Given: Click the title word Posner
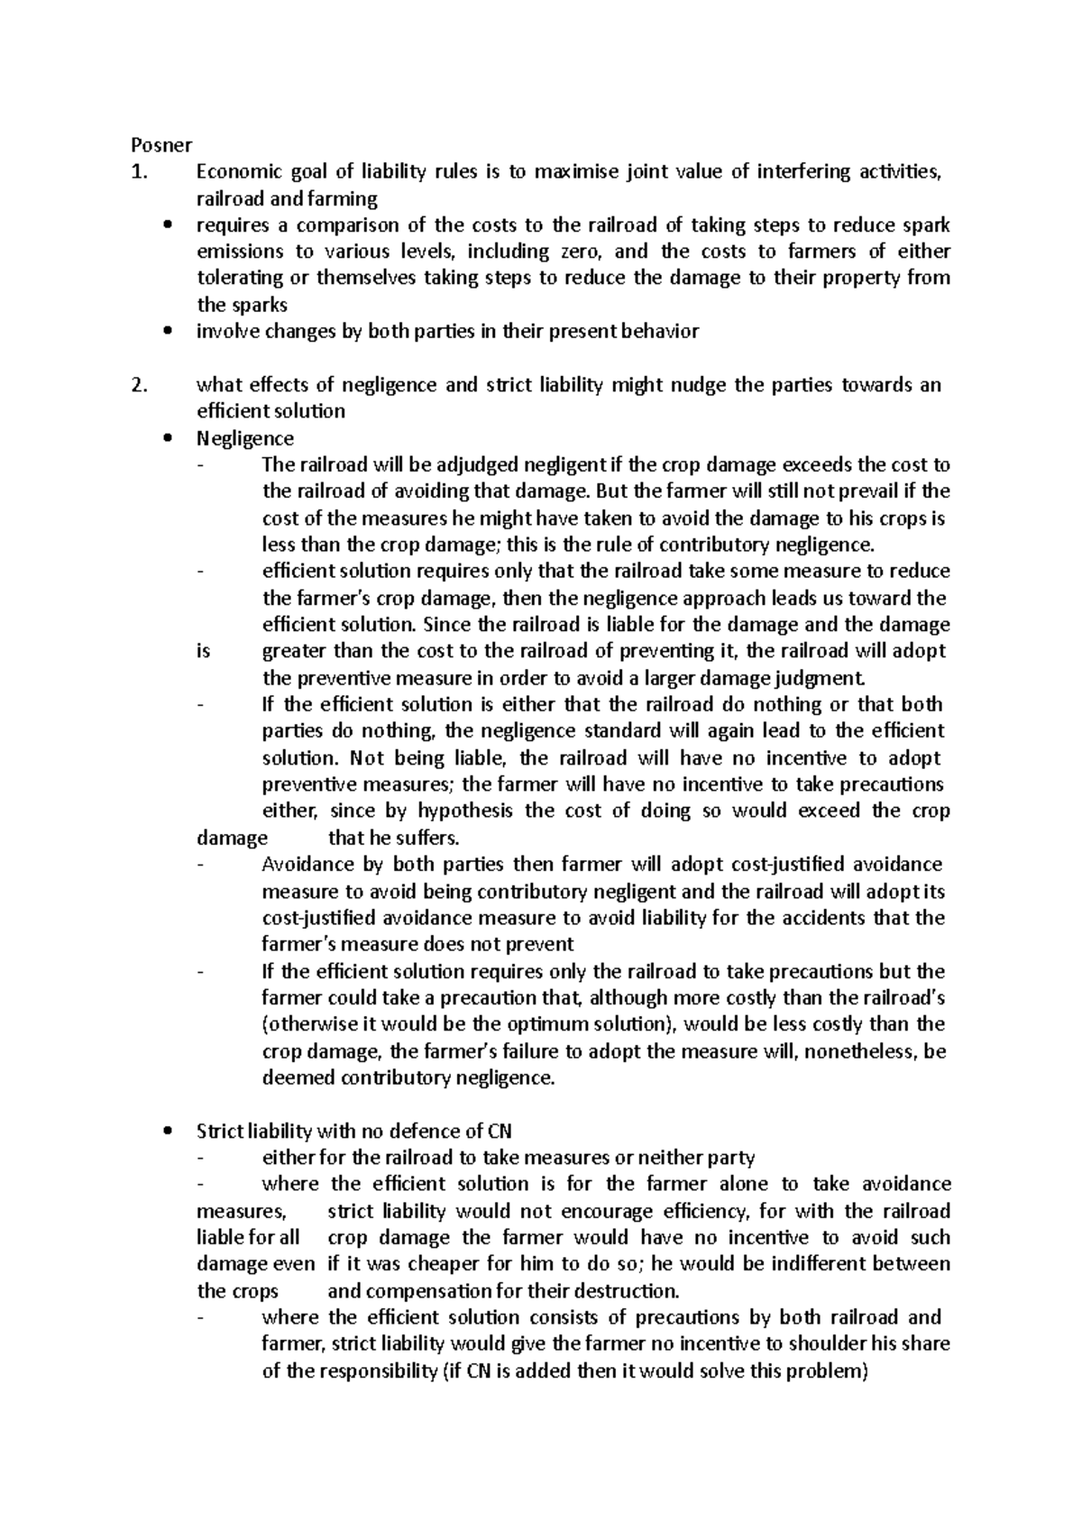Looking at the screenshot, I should (x=156, y=144).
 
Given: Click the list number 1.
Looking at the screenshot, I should (x=138, y=171).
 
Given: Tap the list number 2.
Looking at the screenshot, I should (x=138, y=385).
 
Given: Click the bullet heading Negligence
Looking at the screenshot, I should (x=244, y=438).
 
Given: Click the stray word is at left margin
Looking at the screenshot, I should (x=203, y=651).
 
